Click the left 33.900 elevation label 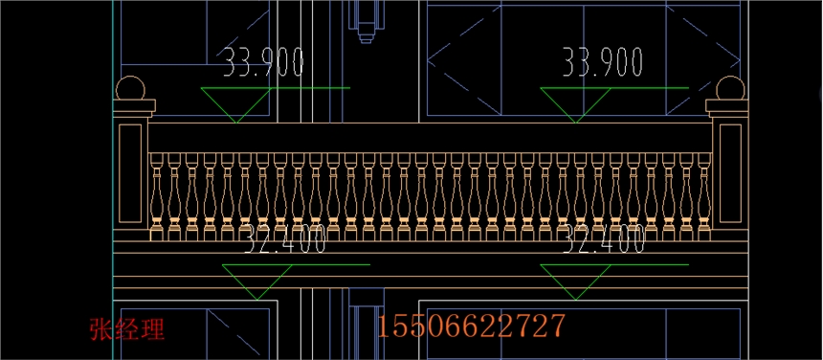point(263,62)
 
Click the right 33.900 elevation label point(603,62)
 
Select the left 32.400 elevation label point(285,238)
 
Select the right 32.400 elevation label point(604,238)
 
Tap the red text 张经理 point(127,329)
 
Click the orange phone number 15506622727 point(471,326)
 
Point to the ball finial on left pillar point(130,89)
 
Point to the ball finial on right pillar point(730,88)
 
